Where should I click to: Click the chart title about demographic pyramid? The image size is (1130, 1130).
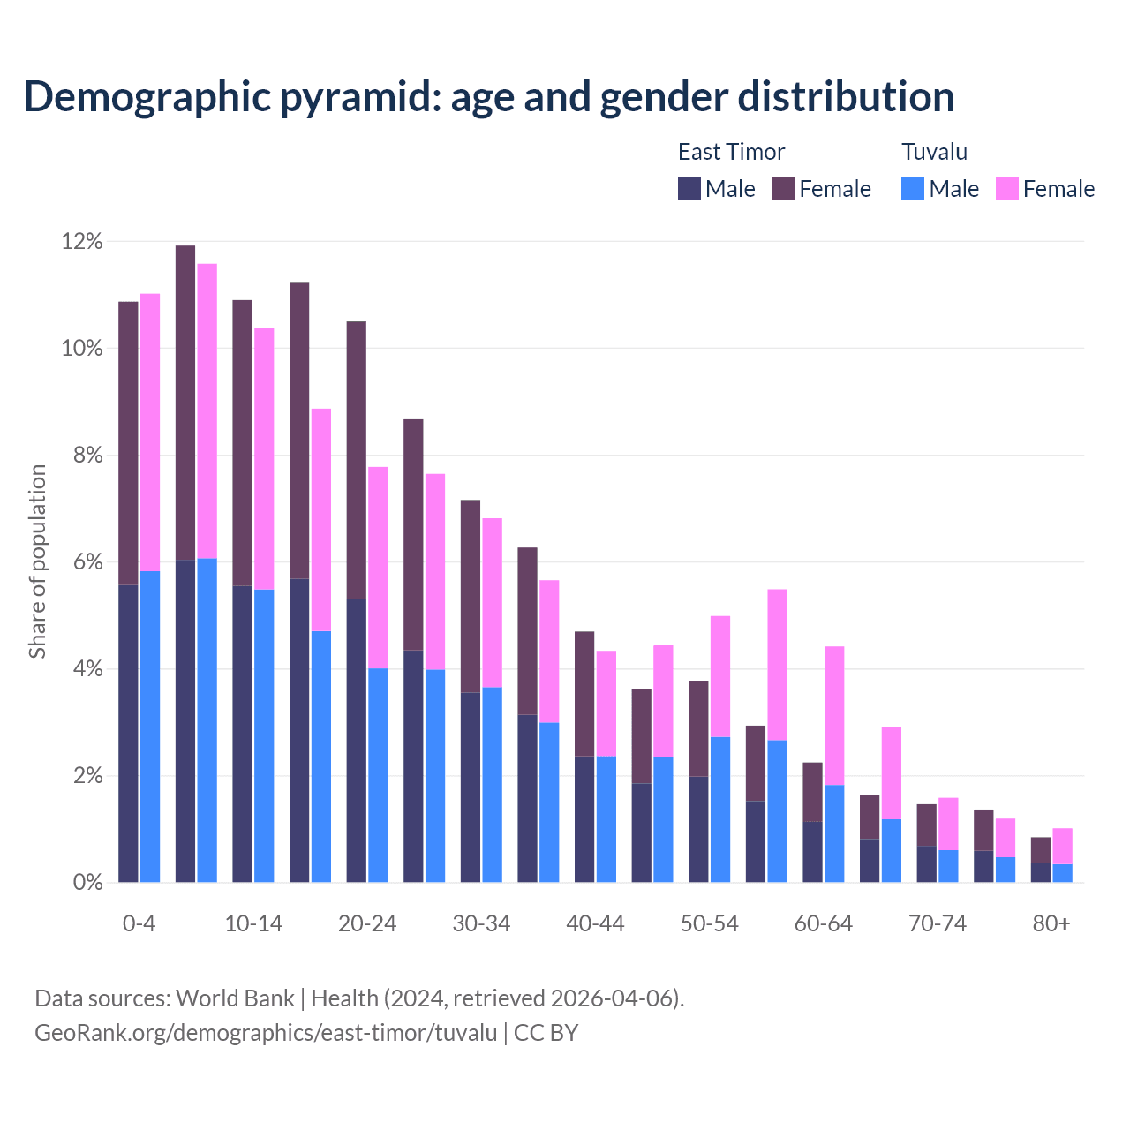pyautogui.click(x=489, y=96)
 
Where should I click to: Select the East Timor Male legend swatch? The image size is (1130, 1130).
pyautogui.click(x=689, y=188)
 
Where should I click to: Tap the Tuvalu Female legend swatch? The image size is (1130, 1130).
pyautogui.click(x=1006, y=188)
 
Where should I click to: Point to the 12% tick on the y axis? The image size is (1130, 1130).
pyautogui.click(x=81, y=241)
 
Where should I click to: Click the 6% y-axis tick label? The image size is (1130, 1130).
pyautogui.click(x=87, y=562)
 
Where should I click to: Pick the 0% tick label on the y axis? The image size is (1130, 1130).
pyautogui.click(x=87, y=882)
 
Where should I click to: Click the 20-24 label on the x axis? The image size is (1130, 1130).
pyautogui.click(x=367, y=923)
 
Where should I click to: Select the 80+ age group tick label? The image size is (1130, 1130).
pyautogui.click(x=1051, y=923)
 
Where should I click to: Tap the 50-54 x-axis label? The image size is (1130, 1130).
pyautogui.click(x=710, y=923)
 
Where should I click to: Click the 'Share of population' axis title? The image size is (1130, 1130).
pyautogui.click(x=37, y=561)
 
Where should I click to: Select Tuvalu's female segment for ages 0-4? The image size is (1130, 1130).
pyautogui.click(x=150, y=433)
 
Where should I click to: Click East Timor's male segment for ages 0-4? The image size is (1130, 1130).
pyautogui.click(x=128, y=733)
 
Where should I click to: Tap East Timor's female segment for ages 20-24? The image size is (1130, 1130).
pyautogui.click(x=357, y=459)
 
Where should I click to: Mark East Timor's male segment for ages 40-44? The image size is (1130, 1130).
pyautogui.click(x=584, y=819)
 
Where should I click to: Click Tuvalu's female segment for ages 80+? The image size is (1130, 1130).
pyautogui.click(x=1063, y=846)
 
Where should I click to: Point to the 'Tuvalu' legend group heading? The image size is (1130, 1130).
pyautogui.click(x=934, y=152)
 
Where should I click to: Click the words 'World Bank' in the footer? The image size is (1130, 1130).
pyautogui.click(x=235, y=998)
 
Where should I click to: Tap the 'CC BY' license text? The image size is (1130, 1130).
pyautogui.click(x=546, y=1033)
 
